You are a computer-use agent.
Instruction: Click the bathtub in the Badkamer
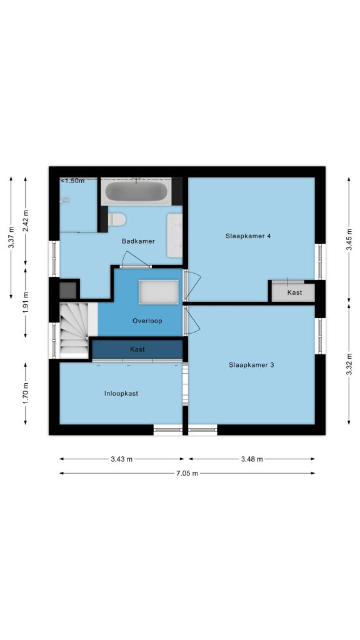[x=136, y=191]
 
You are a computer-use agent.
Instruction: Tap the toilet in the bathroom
[x=116, y=219]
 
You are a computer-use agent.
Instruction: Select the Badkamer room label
[x=138, y=241]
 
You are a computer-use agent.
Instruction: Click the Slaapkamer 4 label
[x=248, y=236]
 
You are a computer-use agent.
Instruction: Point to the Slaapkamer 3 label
[x=251, y=365]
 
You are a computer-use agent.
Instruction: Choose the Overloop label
[x=147, y=321]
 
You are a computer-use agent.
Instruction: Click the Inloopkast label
[x=121, y=394]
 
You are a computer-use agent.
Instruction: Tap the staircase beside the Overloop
[x=74, y=330]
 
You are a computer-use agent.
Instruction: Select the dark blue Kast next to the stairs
[x=137, y=349]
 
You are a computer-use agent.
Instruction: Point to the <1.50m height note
[x=72, y=181]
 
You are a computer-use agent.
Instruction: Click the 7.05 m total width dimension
[x=187, y=474]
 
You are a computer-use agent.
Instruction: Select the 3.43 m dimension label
[x=122, y=459]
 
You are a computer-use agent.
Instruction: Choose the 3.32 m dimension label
[x=349, y=364]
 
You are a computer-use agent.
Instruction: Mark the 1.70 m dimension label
[x=26, y=394]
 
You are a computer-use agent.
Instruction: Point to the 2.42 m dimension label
[x=26, y=221]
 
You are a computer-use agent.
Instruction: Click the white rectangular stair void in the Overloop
[x=158, y=291]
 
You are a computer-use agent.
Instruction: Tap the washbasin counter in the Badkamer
[x=175, y=236]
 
